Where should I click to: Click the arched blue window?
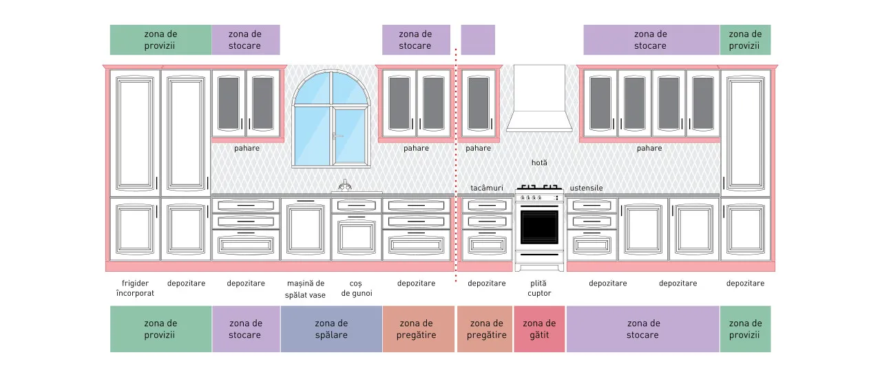(331, 119)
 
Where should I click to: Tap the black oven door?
(539, 227)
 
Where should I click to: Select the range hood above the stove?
(539, 98)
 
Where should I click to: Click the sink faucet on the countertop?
(344, 186)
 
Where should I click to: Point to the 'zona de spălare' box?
(331, 329)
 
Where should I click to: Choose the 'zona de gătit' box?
(539, 329)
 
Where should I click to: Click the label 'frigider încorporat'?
(135, 288)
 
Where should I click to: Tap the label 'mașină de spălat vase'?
(305, 289)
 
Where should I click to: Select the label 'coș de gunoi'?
(356, 288)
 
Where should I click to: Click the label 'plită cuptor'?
(539, 288)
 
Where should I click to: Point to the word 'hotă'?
(539, 162)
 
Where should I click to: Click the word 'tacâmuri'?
(487, 188)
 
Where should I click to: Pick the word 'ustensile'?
(586, 188)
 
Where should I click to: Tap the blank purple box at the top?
(478, 40)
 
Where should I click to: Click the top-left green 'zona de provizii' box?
(160, 40)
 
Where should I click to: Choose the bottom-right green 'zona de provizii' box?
(745, 329)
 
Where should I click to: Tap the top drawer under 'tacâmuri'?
(487, 206)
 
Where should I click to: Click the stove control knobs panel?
(539, 197)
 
